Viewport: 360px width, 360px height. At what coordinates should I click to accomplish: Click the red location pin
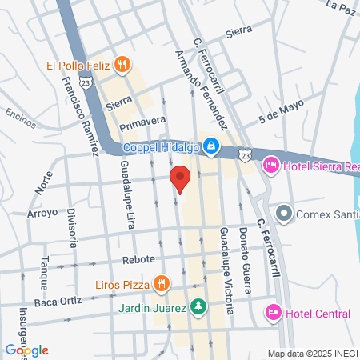(x=180, y=178)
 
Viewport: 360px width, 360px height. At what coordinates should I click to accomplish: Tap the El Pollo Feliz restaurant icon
(x=122, y=66)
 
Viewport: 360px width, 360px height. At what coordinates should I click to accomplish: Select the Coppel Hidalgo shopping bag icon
(x=210, y=146)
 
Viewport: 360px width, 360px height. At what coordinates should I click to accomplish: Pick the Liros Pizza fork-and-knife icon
(x=161, y=282)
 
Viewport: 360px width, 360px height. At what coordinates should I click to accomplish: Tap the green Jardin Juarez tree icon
(x=198, y=306)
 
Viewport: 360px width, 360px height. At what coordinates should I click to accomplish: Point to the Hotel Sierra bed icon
(x=270, y=165)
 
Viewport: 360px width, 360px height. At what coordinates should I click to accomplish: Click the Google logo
(x=26, y=350)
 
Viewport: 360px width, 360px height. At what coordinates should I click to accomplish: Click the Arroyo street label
(x=42, y=213)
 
